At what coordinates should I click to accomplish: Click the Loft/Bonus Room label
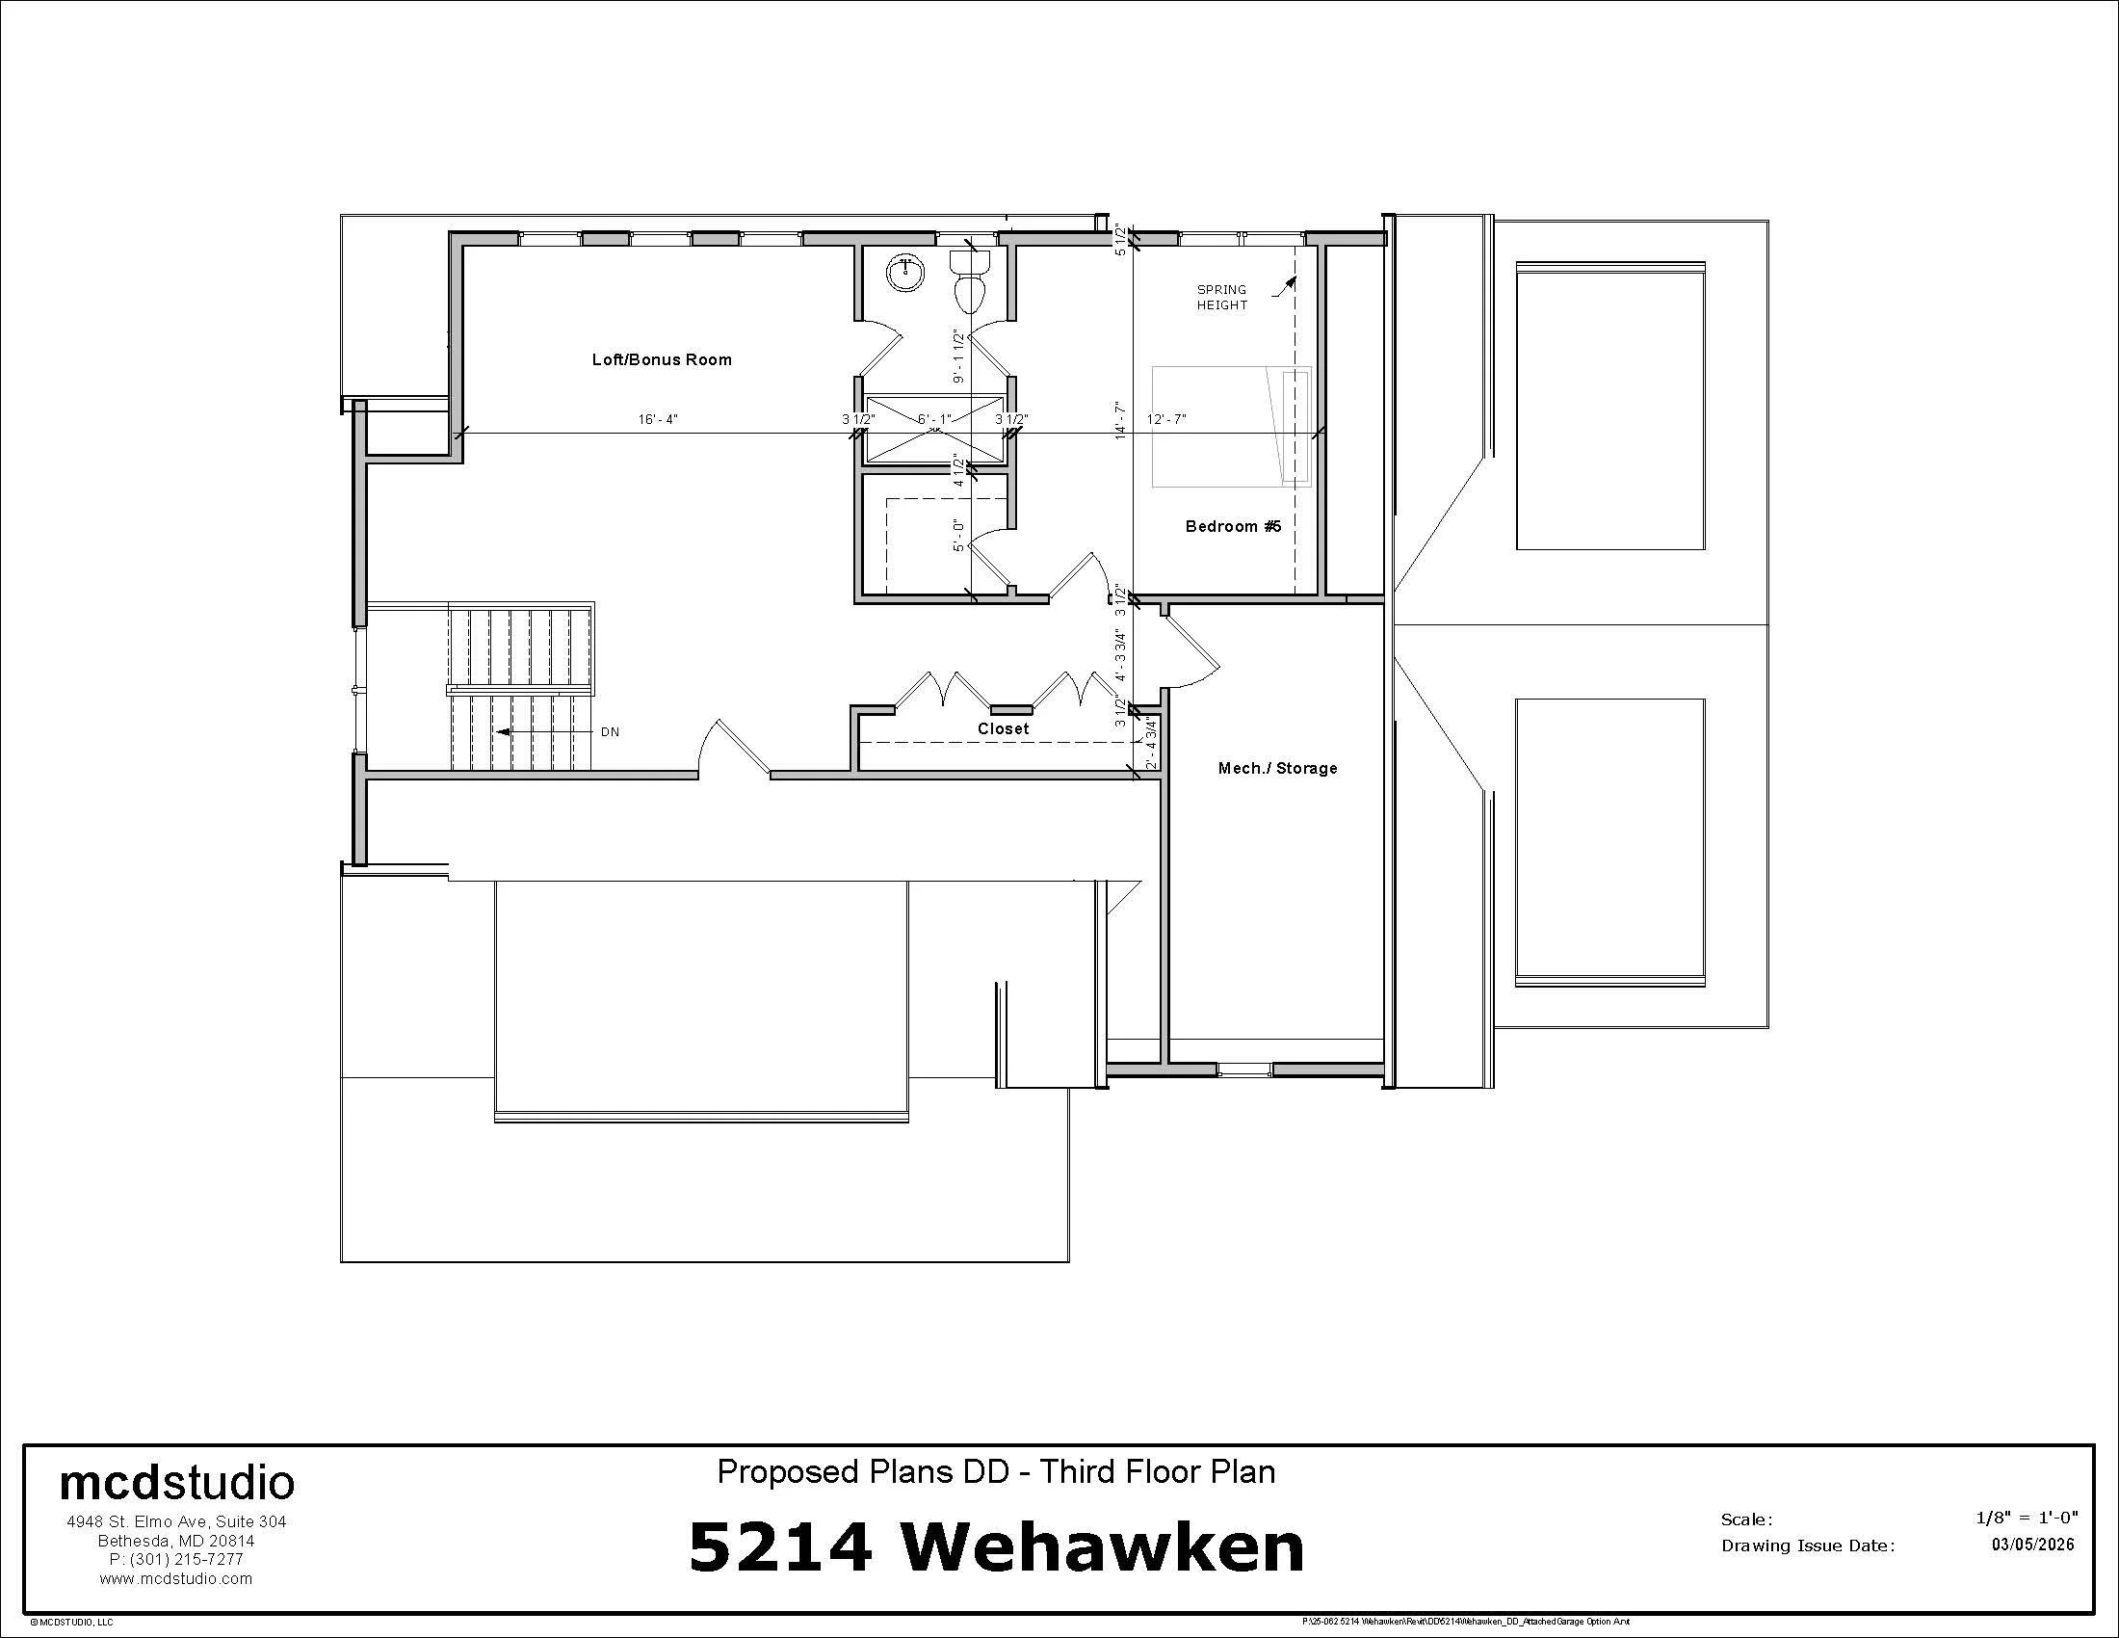coord(662,360)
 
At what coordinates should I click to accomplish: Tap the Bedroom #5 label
coord(1233,527)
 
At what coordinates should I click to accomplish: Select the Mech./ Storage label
coord(1277,769)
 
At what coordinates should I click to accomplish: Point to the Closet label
coord(1004,728)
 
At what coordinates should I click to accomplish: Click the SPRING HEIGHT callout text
coord(1221,297)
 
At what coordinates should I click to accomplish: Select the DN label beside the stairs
coord(610,732)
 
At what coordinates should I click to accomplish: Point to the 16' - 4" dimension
coord(658,420)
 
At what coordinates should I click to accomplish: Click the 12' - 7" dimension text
coord(1166,420)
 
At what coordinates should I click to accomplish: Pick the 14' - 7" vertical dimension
coord(1120,420)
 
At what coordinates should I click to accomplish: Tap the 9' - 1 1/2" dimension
coord(958,357)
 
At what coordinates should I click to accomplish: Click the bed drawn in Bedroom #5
coord(1230,426)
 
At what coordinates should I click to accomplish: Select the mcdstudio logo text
coord(176,1483)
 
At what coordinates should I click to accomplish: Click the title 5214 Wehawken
coord(997,1546)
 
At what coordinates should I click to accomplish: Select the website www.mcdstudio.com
coord(175,1579)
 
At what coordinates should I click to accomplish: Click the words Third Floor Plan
coord(1158,1472)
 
